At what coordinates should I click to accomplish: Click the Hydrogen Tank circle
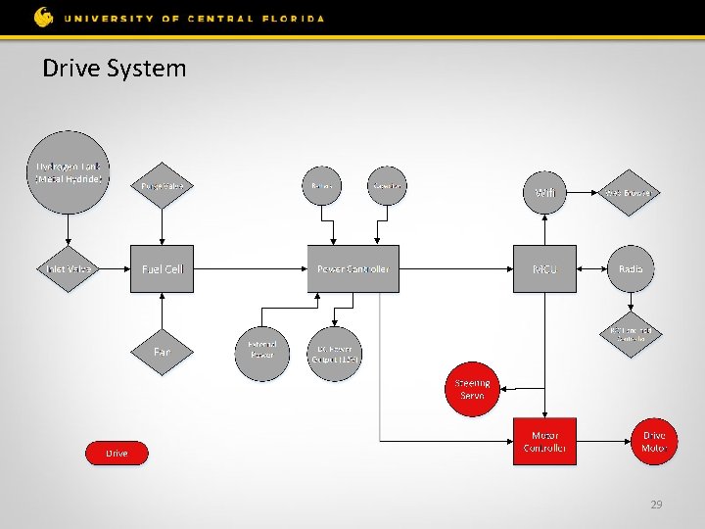click(68, 171)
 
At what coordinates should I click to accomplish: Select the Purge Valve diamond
click(163, 185)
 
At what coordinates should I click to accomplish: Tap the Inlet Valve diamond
click(68, 268)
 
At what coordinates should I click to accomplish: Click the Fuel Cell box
click(163, 268)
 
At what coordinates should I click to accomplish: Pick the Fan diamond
click(163, 351)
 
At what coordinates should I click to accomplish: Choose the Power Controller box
click(353, 268)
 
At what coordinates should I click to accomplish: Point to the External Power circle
click(262, 350)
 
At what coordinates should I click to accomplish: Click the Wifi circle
click(544, 192)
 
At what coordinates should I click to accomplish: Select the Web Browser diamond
click(630, 192)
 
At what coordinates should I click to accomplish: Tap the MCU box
click(544, 268)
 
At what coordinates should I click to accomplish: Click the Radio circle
click(631, 268)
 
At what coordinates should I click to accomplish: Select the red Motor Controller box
click(544, 442)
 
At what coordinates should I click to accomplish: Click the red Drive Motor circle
click(653, 442)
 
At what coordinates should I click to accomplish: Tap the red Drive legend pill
click(117, 453)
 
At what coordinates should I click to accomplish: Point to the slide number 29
click(656, 505)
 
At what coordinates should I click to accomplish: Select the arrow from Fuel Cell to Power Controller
click(250, 268)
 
